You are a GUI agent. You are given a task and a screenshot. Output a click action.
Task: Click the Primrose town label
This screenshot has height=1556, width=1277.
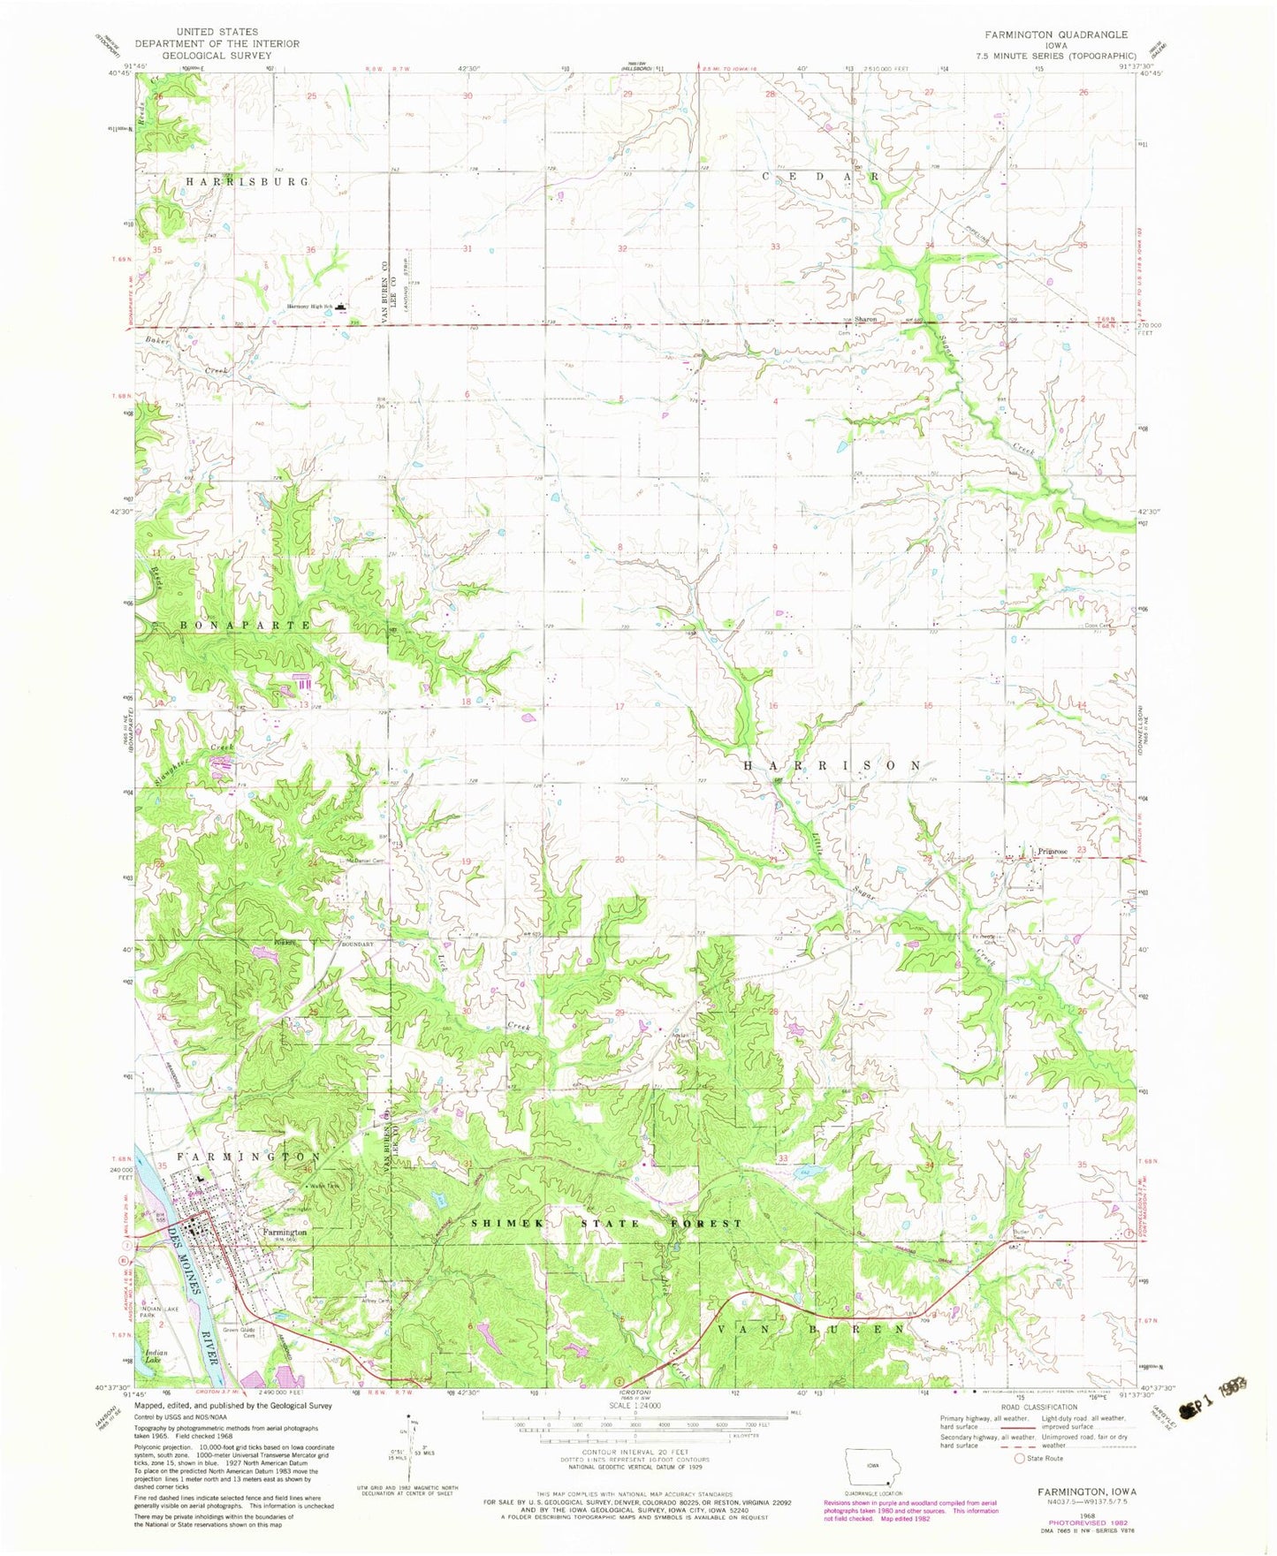(x=1053, y=851)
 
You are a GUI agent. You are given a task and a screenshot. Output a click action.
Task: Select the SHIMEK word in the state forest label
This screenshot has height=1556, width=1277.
(x=504, y=1223)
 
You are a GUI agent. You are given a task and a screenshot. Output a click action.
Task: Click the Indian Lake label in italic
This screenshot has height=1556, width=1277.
(x=156, y=1356)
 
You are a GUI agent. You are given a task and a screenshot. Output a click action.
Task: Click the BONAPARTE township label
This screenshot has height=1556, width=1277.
(x=245, y=625)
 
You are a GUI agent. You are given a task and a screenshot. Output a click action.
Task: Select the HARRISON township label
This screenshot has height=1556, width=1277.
(x=832, y=765)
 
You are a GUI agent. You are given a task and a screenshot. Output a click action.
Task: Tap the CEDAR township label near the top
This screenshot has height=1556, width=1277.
(x=821, y=176)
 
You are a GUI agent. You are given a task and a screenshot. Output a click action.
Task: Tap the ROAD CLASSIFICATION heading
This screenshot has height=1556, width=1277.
(x=1038, y=1408)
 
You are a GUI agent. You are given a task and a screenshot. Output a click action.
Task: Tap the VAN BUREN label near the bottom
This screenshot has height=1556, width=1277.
(x=810, y=1329)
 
